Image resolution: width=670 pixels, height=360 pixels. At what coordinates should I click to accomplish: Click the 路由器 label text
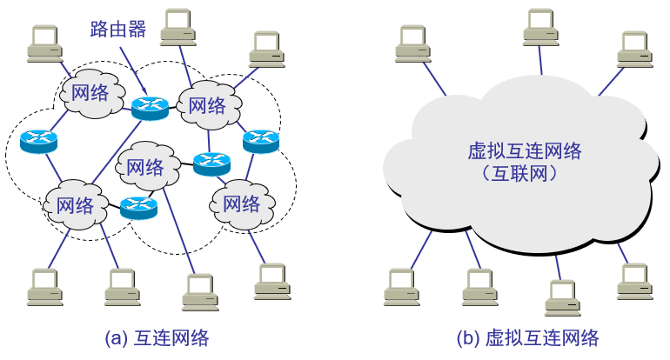[117, 30]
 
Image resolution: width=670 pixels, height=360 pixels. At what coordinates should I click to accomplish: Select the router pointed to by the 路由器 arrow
[150, 107]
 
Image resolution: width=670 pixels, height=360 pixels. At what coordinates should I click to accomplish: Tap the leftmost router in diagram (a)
[38, 140]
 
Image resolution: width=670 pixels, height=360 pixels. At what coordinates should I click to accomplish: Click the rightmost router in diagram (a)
[260, 140]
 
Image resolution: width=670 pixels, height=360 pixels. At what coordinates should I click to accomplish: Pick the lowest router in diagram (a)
[137, 207]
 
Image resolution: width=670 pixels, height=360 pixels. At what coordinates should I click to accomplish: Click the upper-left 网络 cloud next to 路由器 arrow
[90, 93]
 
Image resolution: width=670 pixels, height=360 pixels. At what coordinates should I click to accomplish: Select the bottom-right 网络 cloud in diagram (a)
[241, 204]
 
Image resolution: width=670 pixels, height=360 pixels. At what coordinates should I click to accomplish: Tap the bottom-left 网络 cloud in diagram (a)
[74, 206]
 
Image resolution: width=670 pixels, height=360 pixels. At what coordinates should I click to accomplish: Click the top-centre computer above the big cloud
[546, 27]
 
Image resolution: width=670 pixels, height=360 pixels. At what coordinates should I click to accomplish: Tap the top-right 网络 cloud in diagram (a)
[207, 106]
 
